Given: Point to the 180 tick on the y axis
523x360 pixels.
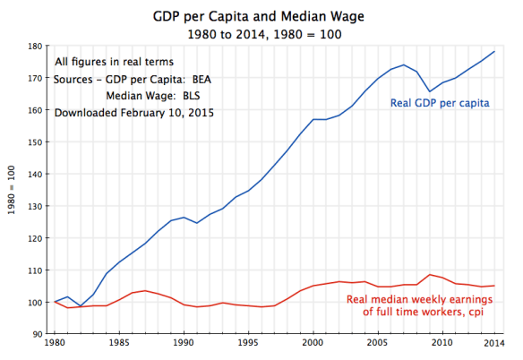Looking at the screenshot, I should coord(37,46).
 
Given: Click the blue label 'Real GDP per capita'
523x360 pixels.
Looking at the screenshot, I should coord(439,103).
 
